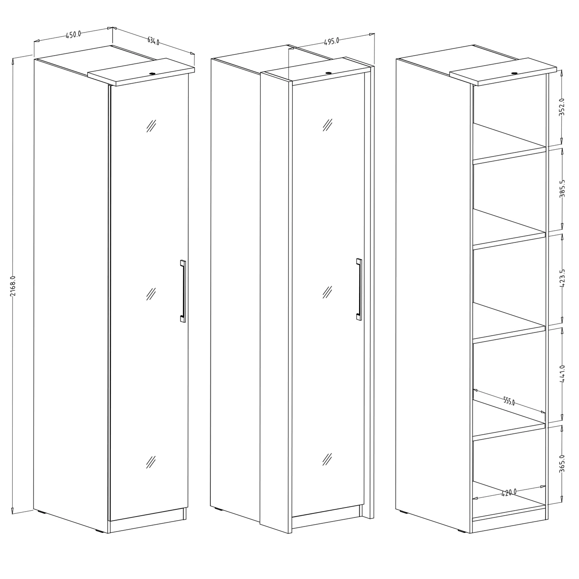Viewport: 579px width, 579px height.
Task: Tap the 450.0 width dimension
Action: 73,34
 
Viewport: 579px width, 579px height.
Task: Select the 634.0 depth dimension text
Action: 153,41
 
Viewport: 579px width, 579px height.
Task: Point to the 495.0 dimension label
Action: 332,41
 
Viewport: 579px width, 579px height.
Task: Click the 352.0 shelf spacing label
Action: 562,107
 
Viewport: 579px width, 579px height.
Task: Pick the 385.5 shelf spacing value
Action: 562,189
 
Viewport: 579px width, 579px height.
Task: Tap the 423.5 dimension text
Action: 562,278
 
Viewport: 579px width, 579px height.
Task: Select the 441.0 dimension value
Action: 562,374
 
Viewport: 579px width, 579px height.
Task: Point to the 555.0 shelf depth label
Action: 509,401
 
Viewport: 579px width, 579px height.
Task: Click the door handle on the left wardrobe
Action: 183,291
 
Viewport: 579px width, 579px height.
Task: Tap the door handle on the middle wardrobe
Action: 359,289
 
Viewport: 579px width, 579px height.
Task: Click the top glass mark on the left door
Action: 151,126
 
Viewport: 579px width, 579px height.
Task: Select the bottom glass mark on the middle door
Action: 327,459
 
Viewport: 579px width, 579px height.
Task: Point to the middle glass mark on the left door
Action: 151,294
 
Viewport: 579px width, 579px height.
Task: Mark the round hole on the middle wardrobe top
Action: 328,72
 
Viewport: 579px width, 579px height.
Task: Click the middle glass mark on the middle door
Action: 327,292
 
